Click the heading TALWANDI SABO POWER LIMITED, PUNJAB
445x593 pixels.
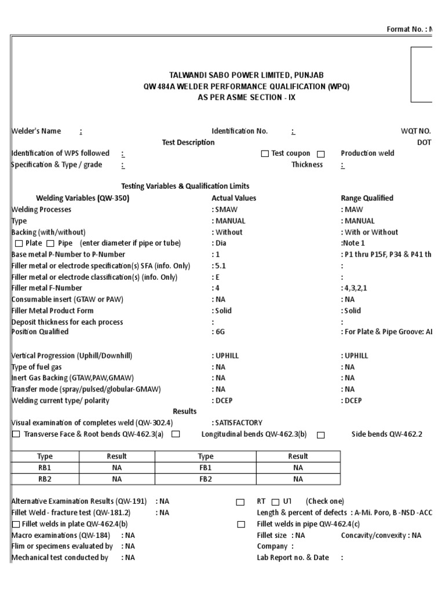pos(246,75)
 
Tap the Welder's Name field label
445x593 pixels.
pos(36,131)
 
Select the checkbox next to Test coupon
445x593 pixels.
pos(265,154)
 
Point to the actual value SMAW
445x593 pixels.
pos(226,210)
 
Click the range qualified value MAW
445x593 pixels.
pos(352,210)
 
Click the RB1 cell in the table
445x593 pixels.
pos(45,467)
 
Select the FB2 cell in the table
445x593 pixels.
pos(206,479)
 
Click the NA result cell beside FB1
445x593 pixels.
pos(298,467)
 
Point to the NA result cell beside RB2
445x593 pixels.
pos(117,479)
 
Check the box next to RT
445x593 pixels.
pos(240,502)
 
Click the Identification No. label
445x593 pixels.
pos(239,131)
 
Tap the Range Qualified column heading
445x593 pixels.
pos(367,198)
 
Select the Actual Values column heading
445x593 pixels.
pos(234,198)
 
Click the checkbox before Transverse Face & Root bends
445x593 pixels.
pos(16,434)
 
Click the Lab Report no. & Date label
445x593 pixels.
pos(293,558)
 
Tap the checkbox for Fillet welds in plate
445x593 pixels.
pos(16,524)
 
